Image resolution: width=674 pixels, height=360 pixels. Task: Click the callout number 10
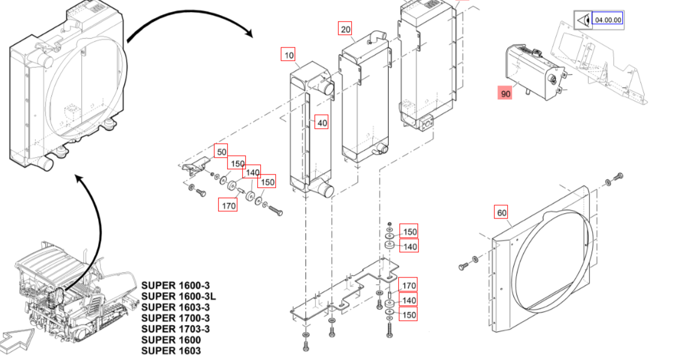coord(289,55)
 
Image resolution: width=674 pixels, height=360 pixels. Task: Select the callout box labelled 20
coord(345,29)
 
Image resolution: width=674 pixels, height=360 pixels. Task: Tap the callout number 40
coord(322,123)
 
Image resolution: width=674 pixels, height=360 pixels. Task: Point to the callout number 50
coord(222,152)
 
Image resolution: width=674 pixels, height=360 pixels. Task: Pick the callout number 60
coord(502,212)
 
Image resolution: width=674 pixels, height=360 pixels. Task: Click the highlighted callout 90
coord(505,93)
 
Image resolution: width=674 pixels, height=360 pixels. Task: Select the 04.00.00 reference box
coord(607,20)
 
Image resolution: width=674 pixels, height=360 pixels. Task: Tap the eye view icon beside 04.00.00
coord(582,20)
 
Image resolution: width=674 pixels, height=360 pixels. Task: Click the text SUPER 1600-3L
coord(178,296)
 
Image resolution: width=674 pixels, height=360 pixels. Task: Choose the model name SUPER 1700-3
coord(176,318)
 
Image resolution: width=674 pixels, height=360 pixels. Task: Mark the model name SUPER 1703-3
coord(176,329)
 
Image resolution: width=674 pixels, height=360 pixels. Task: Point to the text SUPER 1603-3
coord(176,307)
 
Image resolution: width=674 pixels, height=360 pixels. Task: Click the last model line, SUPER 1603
coord(171,350)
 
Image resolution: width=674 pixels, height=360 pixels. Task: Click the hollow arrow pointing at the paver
coord(19,336)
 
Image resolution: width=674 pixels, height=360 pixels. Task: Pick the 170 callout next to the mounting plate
coord(409,285)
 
